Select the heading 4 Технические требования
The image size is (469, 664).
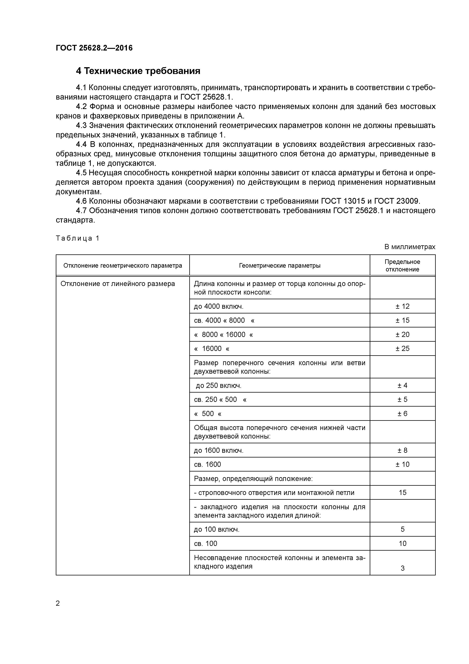point(138,71)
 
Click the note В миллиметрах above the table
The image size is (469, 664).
point(409,247)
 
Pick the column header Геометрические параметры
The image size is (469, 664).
point(280,266)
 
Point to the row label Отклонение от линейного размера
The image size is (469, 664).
point(118,284)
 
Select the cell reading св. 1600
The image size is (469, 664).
point(207,464)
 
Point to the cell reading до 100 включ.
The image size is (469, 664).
point(217,530)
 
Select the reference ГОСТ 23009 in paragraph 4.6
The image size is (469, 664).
point(396,201)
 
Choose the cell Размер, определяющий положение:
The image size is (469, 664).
point(253,479)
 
